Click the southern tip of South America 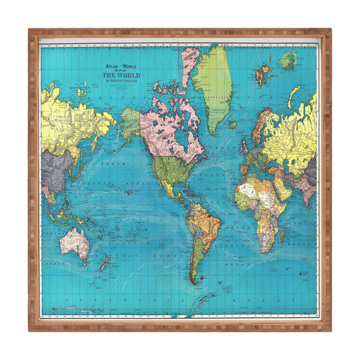(194, 281)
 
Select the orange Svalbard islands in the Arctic (262, 73)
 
